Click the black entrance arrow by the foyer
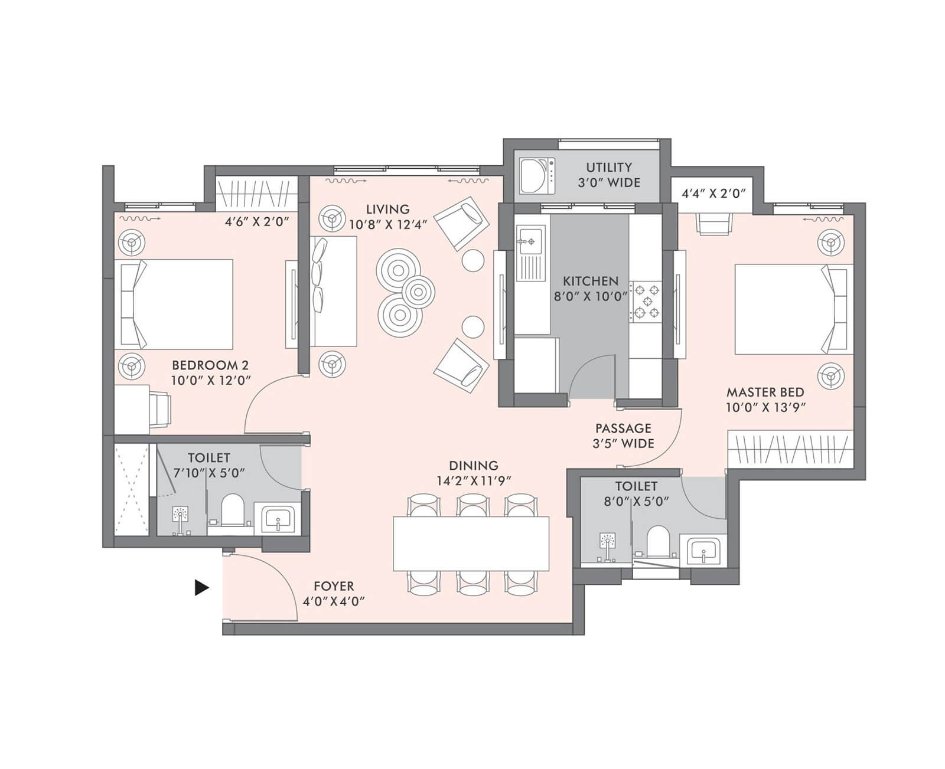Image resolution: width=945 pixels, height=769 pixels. [202, 587]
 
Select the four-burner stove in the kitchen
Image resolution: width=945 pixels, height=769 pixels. [646, 301]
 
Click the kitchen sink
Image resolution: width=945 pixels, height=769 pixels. [529, 241]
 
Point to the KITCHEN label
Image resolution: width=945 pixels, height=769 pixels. [590, 281]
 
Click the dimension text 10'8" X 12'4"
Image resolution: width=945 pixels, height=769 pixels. [387, 224]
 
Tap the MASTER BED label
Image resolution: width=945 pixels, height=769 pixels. [765, 392]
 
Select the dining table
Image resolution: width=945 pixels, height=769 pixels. [471, 543]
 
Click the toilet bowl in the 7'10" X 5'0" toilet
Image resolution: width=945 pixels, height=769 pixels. [232, 509]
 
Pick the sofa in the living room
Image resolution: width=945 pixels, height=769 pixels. [334, 291]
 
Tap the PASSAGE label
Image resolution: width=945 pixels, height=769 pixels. [623, 428]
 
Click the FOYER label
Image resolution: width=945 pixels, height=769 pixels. [334, 586]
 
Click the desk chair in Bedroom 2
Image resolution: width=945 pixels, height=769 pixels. [159, 407]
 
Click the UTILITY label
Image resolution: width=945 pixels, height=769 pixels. [608, 167]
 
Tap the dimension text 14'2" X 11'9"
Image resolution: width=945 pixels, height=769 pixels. [473, 480]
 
